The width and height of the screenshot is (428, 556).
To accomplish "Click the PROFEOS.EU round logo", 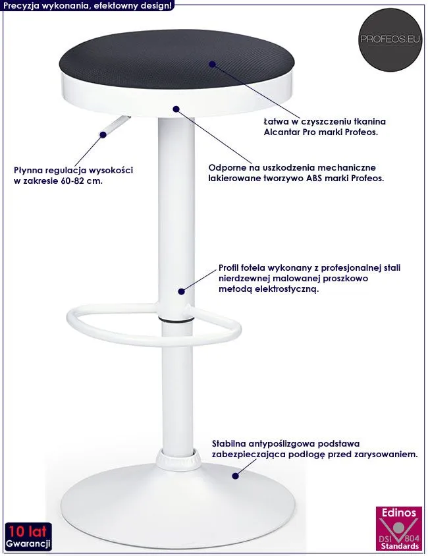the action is point(390,40).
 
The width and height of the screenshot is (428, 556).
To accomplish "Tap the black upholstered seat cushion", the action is point(177,58).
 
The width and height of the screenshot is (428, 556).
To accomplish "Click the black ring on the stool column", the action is point(176,320).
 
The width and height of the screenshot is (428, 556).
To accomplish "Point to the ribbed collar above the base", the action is point(178,459).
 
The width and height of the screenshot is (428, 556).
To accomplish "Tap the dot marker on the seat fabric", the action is point(212,64).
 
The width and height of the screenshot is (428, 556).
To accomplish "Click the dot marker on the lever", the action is point(103,135).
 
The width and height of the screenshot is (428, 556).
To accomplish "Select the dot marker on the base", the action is point(235,476).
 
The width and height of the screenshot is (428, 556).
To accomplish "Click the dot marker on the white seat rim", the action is point(176,109).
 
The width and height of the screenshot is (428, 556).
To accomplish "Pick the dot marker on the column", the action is point(181,291).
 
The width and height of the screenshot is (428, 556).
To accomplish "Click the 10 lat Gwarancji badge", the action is point(28,537).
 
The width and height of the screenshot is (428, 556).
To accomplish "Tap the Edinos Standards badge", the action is point(399,528).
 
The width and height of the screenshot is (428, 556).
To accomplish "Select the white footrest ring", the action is point(154,325).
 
